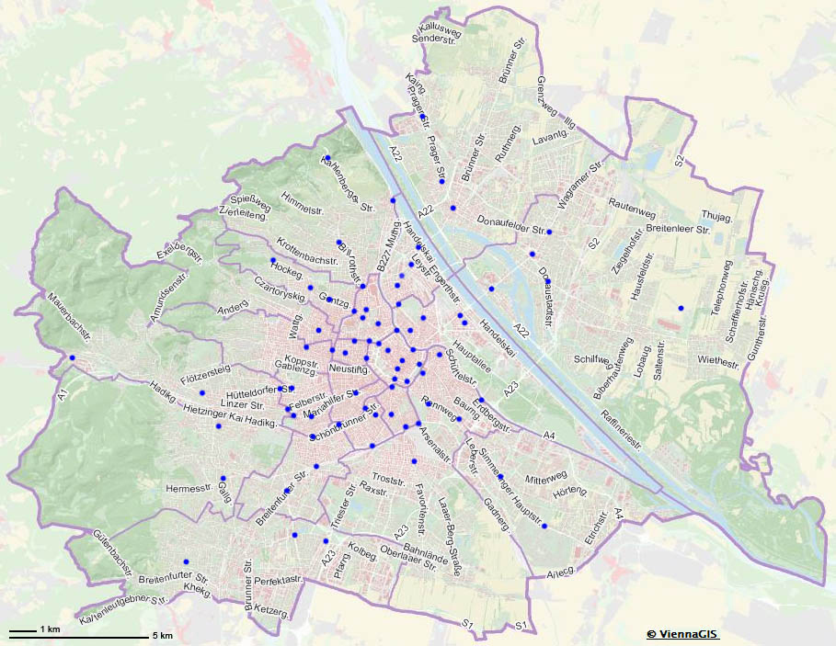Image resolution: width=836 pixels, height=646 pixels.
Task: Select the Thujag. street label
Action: pyautogui.click(x=716, y=217)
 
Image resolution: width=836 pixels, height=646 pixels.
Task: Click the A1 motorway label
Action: pyautogui.click(x=63, y=395)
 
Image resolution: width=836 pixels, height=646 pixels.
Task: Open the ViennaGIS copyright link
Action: pyautogui.click(x=681, y=634)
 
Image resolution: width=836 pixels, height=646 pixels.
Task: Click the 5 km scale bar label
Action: pyautogui.click(x=162, y=635)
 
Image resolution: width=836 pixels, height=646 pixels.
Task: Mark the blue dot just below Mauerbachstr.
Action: pyautogui.click(x=72, y=357)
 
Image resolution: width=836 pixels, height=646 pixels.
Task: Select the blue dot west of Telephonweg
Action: pyautogui.click(x=681, y=308)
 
